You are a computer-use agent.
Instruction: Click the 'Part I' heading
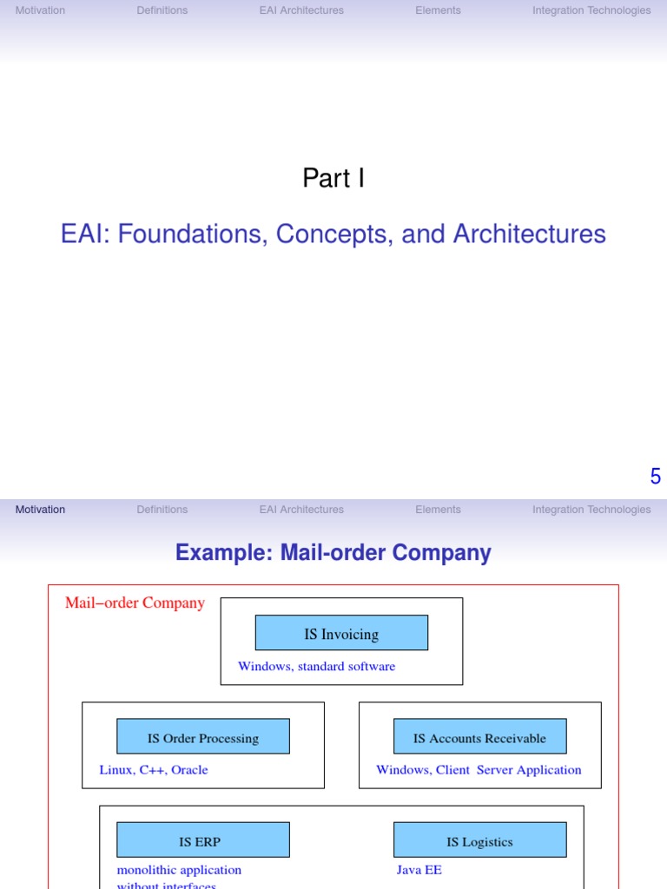click(x=333, y=178)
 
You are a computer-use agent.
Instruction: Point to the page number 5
click(x=656, y=476)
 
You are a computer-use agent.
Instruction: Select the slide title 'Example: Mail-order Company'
click(x=333, y=552)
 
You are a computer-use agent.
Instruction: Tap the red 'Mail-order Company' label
click(x=135, y=603)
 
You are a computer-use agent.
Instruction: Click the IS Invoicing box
click(x=341, y=634)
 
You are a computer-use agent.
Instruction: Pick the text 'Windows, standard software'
click(x=316, y=667)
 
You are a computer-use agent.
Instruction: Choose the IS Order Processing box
click(x=203, y=738)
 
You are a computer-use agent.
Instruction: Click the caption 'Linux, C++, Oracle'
click(x=154, y=770)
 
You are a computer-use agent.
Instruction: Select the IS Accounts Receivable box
click(x=479, y=738)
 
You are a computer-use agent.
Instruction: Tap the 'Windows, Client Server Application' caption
click(x=479, y=770)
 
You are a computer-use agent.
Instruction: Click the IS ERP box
click(x=203, y=841)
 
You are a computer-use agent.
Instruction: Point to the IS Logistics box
click(x=479, y=841)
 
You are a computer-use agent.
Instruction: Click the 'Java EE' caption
click(x=419, y=870)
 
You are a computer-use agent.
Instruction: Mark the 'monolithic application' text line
click(x=179, y=870)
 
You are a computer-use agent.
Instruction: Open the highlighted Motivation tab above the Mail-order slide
click(x=40, y=510)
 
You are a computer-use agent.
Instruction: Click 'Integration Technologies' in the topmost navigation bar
click(x=591, y=10)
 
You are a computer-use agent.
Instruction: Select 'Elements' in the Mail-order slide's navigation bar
click(x=438, y=510)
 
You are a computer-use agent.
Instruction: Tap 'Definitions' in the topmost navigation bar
click(x=162, y=10)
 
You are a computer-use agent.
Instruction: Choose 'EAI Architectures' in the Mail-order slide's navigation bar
click(x=301, y=510)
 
